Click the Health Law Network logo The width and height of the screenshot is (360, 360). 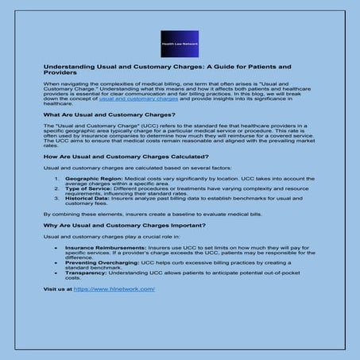pyautogui.click(x=180, y=44)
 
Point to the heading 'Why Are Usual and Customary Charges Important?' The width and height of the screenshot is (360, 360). pyautogui.click(x=114, y=226)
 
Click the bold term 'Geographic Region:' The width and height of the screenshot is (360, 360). pyautogui.click(x=89, y=180)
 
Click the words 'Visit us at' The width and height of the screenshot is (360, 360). pyautogui.click(x=56, y=289)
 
